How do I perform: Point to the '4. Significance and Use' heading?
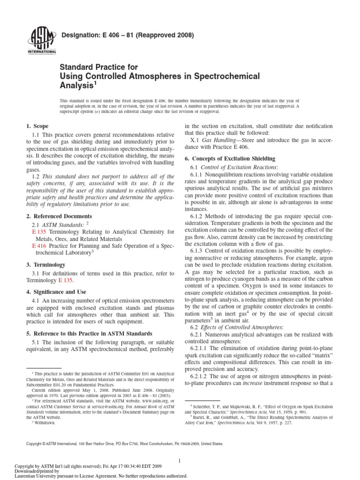pyautogui.click(x=55, y=292)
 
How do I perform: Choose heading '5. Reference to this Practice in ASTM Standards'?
pyautogui.click(x=88, y=333)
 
